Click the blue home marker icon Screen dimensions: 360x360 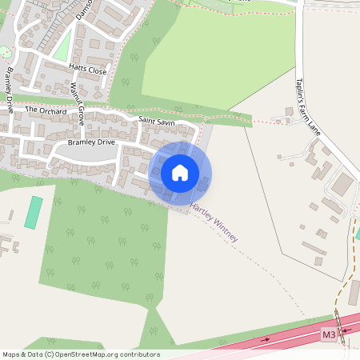(180, 172)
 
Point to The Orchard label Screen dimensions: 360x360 (46, 110)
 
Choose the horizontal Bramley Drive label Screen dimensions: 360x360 (91, 142)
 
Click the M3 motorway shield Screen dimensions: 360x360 (329, 333)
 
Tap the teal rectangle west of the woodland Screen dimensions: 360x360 (33, 212)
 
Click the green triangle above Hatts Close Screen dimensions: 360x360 (62, 48)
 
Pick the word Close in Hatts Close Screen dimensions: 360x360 (97, 71)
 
